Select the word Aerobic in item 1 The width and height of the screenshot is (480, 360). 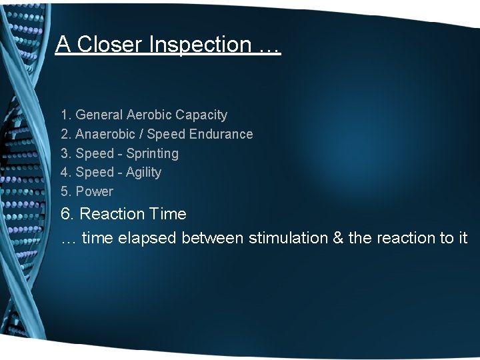(x=149, y=115)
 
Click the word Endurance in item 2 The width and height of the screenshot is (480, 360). (x=221, y=134)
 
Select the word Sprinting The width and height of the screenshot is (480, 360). (x=153, y=153)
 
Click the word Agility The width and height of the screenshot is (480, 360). (x=144, y=172)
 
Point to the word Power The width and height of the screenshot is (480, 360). (x=95, y=191)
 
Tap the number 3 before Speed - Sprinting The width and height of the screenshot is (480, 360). (x=65, y=153)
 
